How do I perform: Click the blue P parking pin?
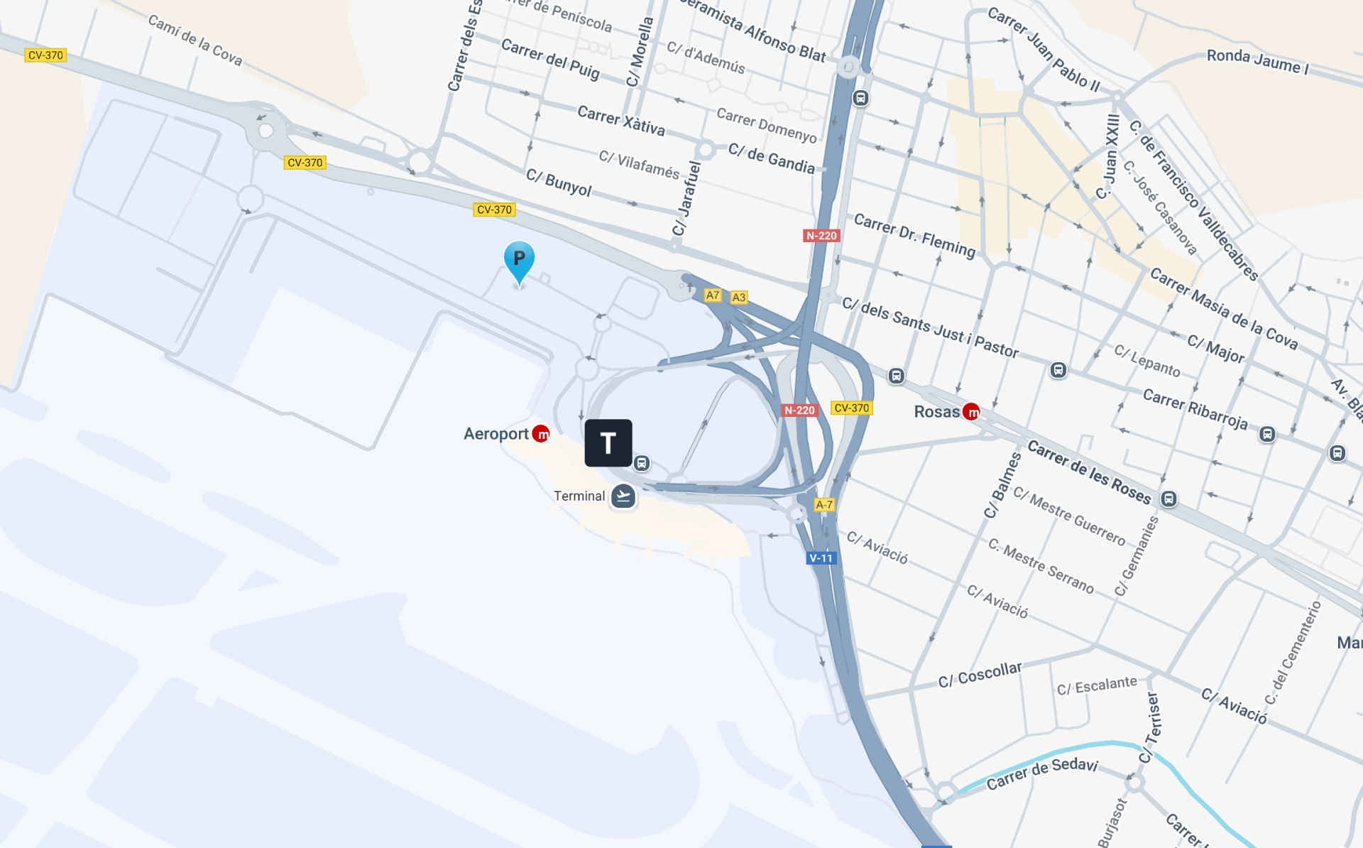[519, 260]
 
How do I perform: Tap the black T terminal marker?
[608, 443]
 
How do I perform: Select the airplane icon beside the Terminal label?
[623, 496]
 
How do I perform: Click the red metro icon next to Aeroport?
[541, 433]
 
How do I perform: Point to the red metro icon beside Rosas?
[971, 412]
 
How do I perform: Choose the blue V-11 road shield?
[821, 558]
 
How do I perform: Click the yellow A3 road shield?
[738, 298]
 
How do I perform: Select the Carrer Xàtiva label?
[621, 121]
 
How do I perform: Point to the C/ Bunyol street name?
[559, 183]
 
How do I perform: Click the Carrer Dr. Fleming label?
[914, 235]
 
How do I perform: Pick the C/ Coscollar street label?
[980, 675]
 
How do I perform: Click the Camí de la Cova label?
[195, 40]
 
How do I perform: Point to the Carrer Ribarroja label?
[1195, 408]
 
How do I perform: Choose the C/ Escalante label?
[1096, 685]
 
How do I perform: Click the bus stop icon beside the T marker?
[642, 464]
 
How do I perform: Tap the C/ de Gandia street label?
[772, 158]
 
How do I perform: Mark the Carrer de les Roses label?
[1089, 472]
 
